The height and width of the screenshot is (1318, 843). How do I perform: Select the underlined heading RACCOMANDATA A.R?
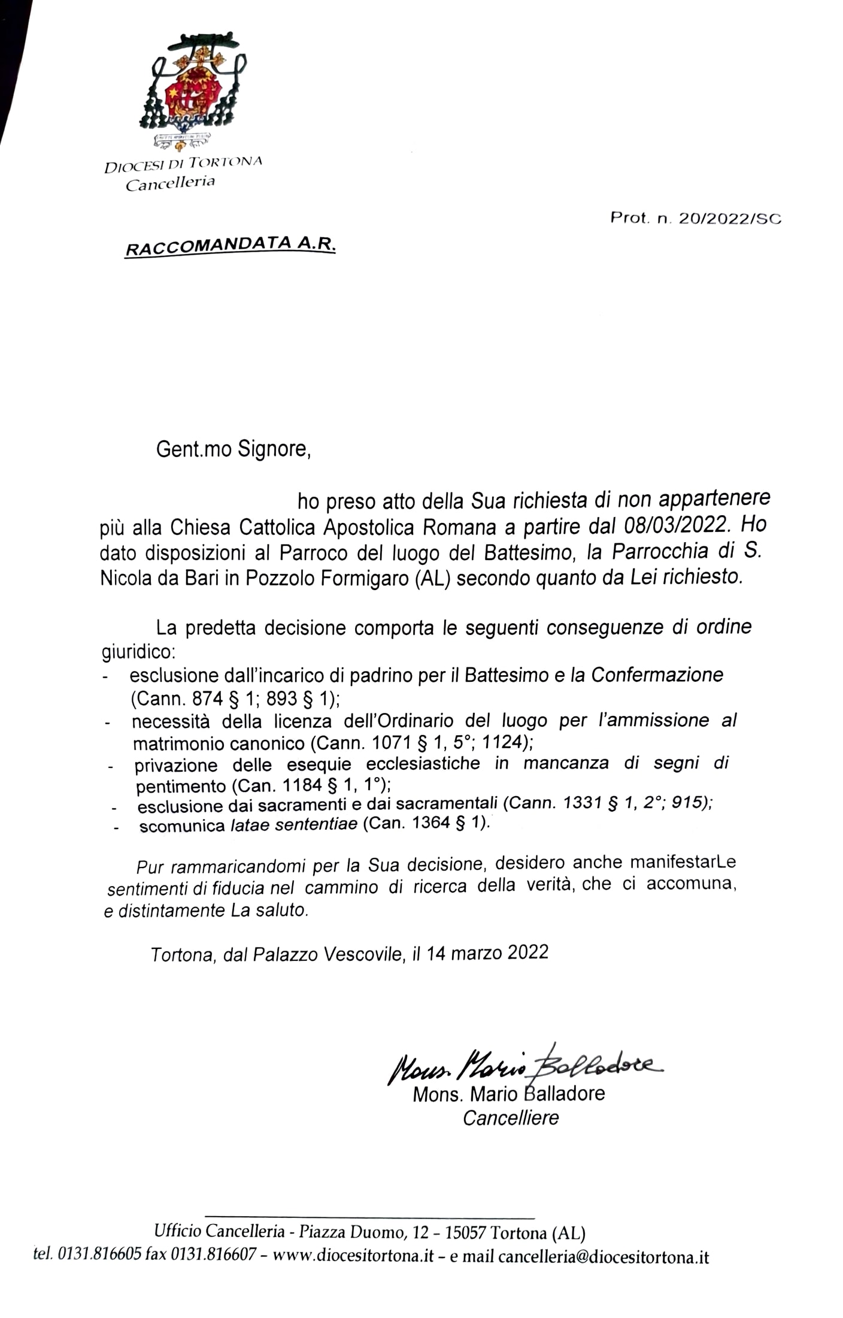tap(230, 246)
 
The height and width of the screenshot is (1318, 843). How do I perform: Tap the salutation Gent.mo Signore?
tap(234, 449)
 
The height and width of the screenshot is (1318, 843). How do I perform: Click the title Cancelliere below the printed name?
tap(511, 1118)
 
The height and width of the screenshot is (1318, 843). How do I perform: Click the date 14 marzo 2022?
tap(487, 953)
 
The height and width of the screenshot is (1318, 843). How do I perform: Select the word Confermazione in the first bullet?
tap(657, 675)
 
